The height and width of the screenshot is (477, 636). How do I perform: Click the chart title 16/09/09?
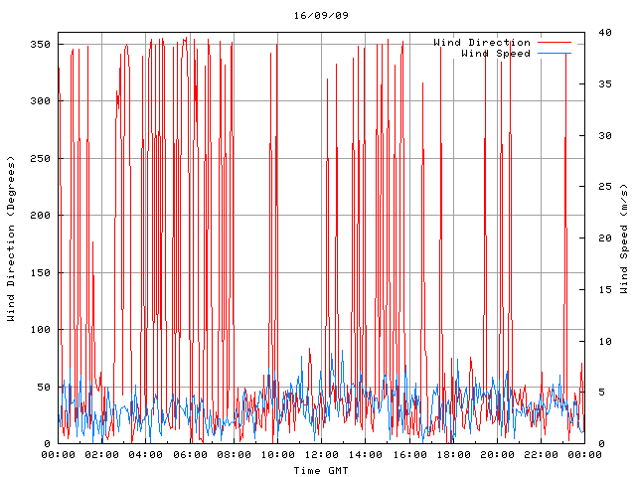point(321,16)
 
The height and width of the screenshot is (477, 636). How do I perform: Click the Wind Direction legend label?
point(482,43)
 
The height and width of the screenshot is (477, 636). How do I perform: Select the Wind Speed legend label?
point(496,54)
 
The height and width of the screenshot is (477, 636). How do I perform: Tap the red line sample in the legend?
point(556,43)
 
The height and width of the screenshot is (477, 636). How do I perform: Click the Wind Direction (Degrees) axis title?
point(12,238)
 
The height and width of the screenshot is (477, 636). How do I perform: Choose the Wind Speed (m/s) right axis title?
point(624,238)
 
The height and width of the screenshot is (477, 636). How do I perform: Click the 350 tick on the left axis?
point(41,45)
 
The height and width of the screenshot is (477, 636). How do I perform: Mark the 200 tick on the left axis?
point(41,216)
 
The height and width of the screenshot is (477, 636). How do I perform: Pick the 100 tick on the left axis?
point(41,330)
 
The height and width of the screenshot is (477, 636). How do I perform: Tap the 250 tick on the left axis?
point(41,159)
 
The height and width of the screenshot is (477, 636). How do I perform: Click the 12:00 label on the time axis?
point(321,455)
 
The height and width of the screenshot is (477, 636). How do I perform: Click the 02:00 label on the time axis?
point(102,455)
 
